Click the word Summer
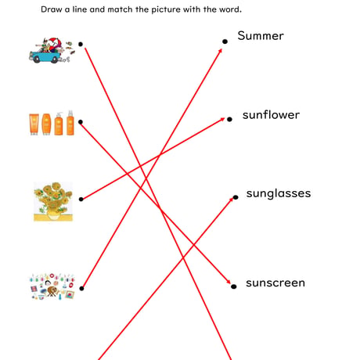click(x=261, y=36)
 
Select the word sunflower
click(x=271, y=115)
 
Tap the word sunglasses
click(x=279, y=194)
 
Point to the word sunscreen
click(x=275, y=283)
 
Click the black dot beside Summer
click(x=225, y=41)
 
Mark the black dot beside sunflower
click(x=229, y=119)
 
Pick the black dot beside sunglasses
click(x=236, y=197)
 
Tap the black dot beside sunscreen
click(x=234, y=286)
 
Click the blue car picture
click(x=52, y=51)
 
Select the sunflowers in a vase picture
click(x=53, y=201)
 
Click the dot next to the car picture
click(x=81, y=44)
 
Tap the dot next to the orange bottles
click(x=81, y=122)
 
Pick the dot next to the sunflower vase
click(x=81, y=199)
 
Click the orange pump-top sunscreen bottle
click(x=59, y=124)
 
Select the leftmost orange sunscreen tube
click(x=34, y=124)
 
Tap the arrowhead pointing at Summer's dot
click(x=220, y=51)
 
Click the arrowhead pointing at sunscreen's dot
click(x=229, y=282)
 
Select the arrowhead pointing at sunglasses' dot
click(x=231, y=200)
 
